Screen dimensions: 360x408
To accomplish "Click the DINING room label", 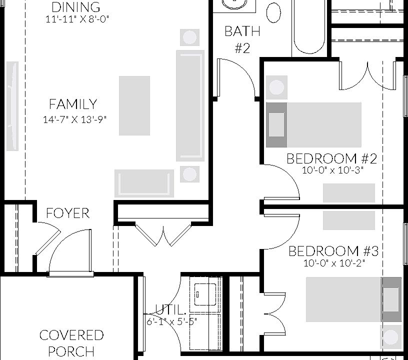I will click(x=76, y=7).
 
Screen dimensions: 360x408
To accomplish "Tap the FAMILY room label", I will click(x=73, y=104).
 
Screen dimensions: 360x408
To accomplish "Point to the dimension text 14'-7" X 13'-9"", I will click(x=75, y=119).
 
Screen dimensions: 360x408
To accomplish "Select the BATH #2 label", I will click(x=242, y=39).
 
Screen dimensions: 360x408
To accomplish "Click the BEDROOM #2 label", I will click(x=331, y=159).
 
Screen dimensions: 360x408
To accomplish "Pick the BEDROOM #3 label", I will click(x=333, y=251).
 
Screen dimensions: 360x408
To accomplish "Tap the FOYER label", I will click(x=67, y=213).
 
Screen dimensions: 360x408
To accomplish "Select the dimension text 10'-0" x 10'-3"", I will click(x=332, y=170).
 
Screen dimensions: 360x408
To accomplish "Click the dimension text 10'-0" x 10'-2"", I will click(x=333, y=263).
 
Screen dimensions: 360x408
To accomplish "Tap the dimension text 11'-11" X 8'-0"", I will click(x=76, y=19).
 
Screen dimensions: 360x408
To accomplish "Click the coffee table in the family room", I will click(x=134, y=105).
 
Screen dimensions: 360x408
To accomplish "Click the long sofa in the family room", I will click(x=190, y=105).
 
